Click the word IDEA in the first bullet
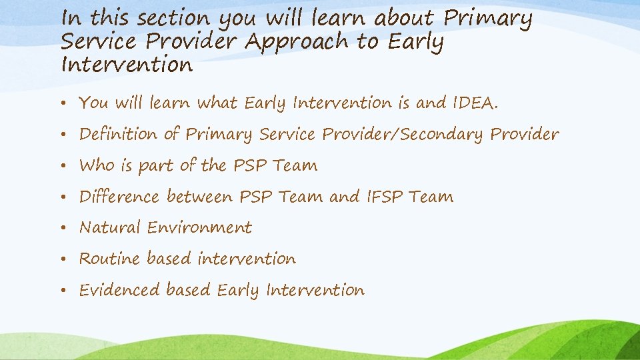click(x=475, y=103)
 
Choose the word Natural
click(x=110, y=228)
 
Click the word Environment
click(x=199, y=228)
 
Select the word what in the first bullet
click(x=219, y=103)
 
